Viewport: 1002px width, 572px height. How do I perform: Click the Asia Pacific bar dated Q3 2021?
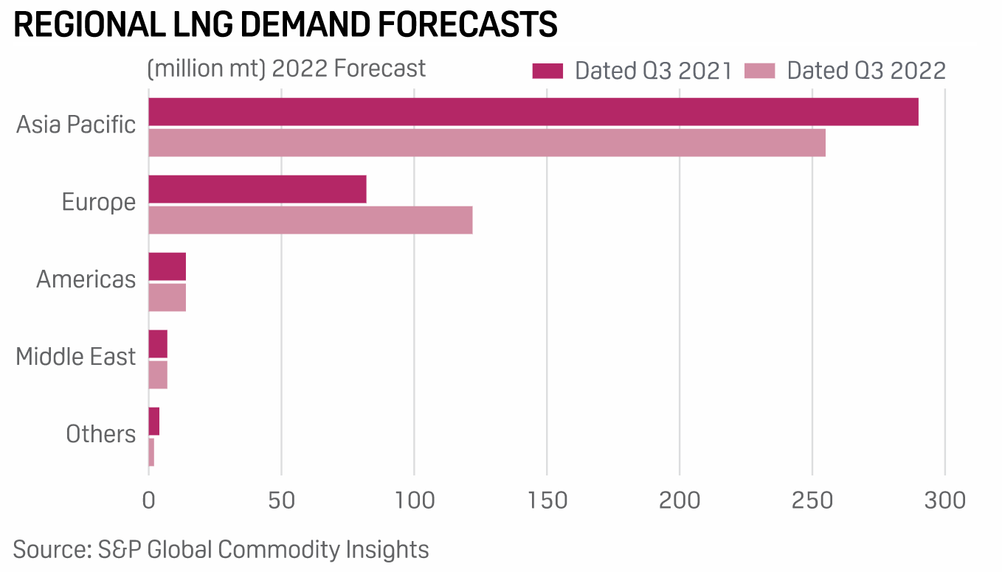coord(533,111)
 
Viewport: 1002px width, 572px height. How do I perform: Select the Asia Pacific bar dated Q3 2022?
coord(487,142)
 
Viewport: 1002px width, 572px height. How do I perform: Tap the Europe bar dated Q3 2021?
coord(258,189)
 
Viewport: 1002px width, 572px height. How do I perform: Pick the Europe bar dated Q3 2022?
coord(310,220)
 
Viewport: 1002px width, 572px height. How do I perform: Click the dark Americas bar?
coord(167,266)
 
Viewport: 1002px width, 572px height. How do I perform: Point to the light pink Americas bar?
coord(167,297)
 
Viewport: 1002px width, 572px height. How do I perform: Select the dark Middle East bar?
coord(158,343)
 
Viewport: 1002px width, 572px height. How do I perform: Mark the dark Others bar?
coord(154,421)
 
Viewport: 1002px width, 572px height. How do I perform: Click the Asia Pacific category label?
coord(76,125)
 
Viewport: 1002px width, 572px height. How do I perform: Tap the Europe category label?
coord(99,202)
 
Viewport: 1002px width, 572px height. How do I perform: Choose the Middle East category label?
coord(76,357)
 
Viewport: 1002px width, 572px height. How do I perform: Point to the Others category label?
coord(101,433)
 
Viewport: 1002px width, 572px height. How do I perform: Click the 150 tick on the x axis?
coord(547,500)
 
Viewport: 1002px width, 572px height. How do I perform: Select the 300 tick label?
coord(944,500)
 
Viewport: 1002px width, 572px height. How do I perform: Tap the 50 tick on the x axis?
coord(281,500)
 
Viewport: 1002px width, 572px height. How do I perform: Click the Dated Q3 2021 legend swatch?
coord(547,71)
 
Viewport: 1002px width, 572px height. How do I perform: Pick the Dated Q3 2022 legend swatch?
coord(759,71)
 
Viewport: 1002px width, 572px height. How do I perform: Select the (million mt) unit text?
coord(206,69)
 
